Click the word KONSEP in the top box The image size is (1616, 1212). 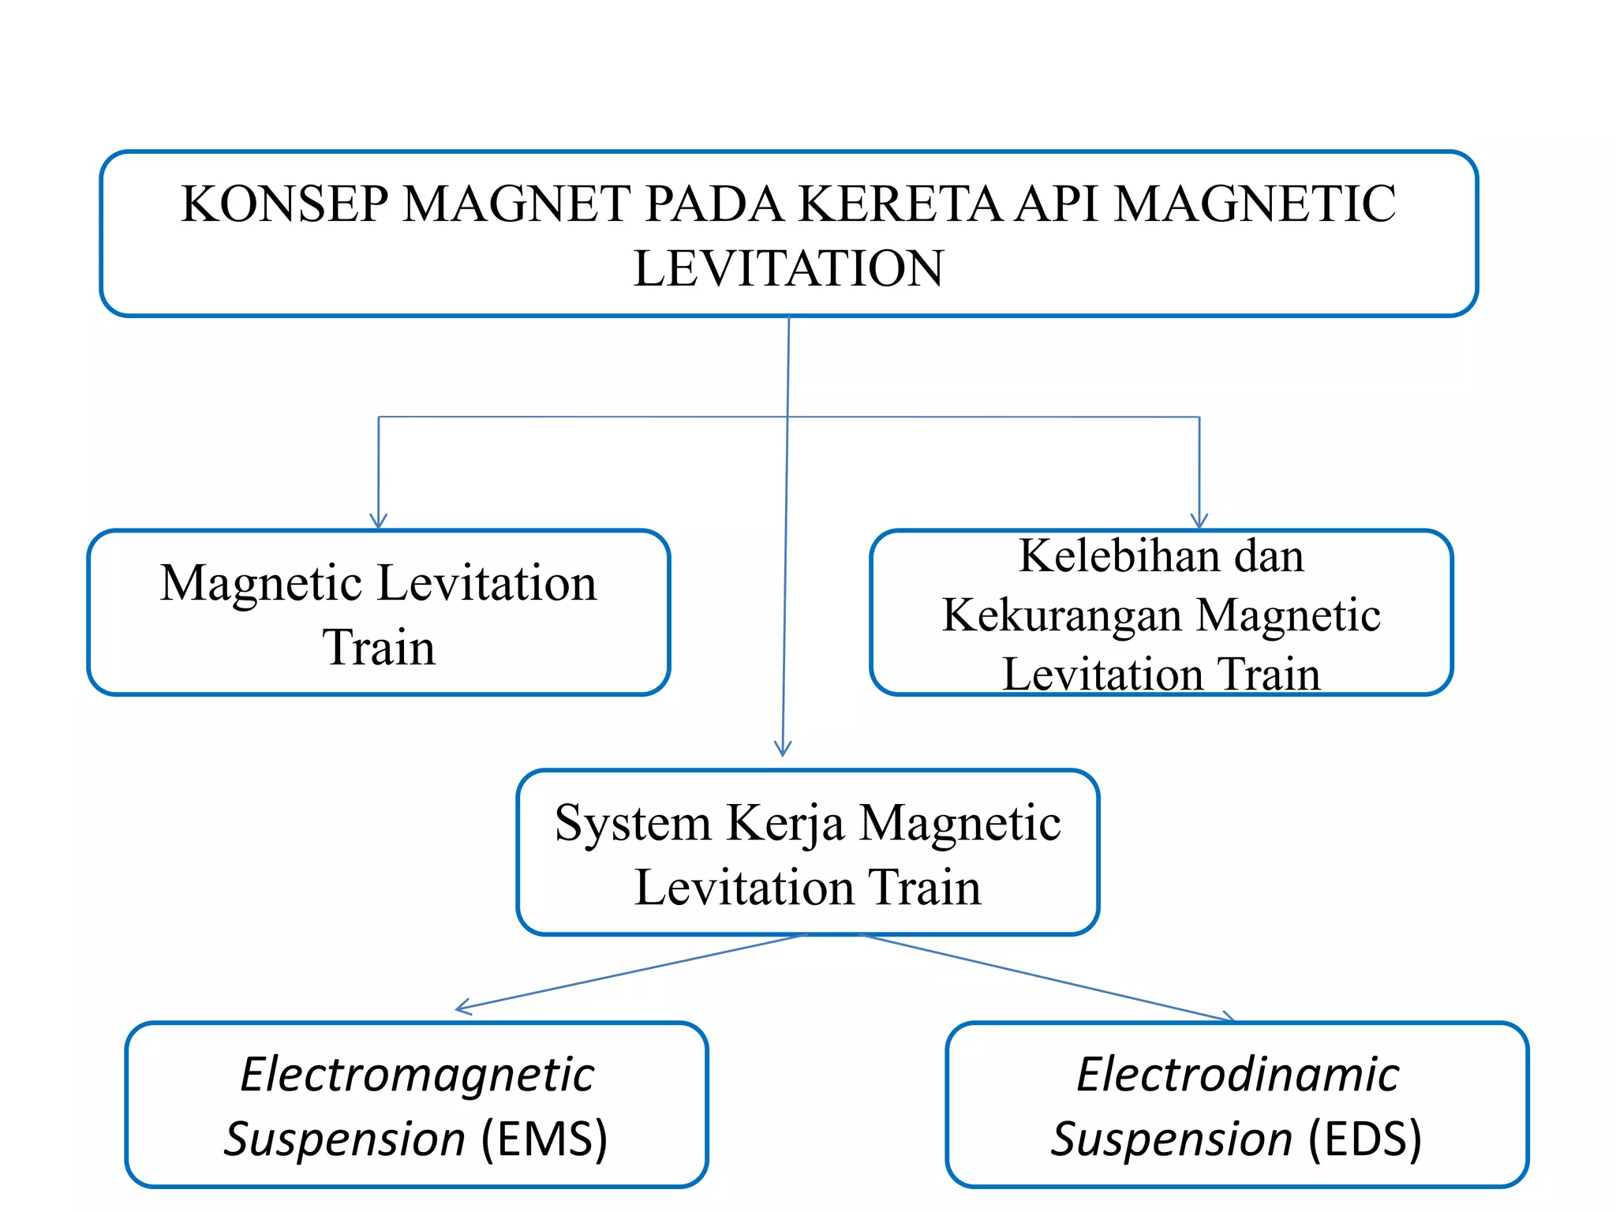click(283, 204)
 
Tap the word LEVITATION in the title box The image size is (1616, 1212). click(788, 268)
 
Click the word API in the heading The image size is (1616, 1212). click(1057, 204)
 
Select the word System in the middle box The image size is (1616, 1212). click(633, 824)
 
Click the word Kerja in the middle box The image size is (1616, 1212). click(785, 824)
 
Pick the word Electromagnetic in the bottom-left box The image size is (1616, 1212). click(417, 1075)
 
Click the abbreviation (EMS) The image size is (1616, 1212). click(544, 1139)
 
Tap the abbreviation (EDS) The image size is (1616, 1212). click(1365, 1139)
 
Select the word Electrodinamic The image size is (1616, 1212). click(1237, 1075)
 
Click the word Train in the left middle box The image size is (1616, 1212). click(379, 648)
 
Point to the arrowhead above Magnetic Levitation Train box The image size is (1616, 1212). click(379, 522)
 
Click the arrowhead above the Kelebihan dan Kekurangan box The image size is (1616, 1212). click(1199, 522)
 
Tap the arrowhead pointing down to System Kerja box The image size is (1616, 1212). click(783, 748)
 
